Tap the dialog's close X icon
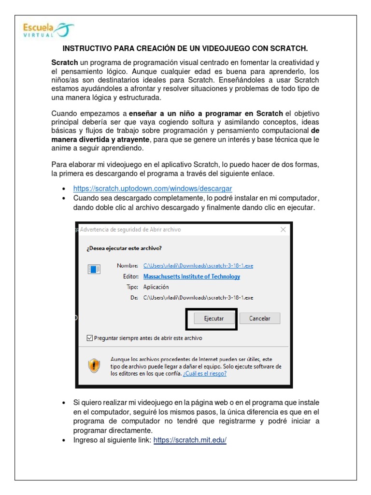tap(283, 230)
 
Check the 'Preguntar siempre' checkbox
tap(89, 338)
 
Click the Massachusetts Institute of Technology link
tap(192, 277)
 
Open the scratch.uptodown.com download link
tap(153, 188)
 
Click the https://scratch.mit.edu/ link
tap(190, 440)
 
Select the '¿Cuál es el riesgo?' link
tap(205, 373)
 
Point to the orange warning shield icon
tap(94, 366)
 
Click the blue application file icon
tap(94, 269)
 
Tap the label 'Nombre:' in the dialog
tap(128, 266)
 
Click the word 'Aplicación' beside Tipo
tap(156, 287)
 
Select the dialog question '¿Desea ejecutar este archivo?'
tap(124, 248)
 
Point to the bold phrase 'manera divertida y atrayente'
tap(101, 140)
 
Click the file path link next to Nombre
tap(198, 266)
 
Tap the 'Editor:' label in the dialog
tap(131, 277)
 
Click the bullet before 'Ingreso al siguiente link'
tap(64, 440)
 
